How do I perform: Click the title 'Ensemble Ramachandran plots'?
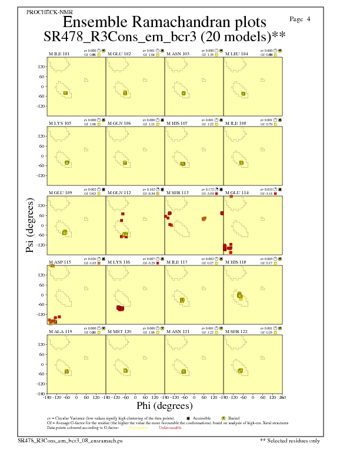[x=164, y=22]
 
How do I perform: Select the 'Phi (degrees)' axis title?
[x=164, y=406]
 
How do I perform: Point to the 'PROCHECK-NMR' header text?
[x=47, y=12]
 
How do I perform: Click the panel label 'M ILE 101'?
[x=59, y=54]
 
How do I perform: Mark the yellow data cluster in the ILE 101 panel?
[x=65, y=93]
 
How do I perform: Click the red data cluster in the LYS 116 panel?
[x=121, y=308]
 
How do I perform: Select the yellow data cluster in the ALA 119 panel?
[x=66, y=371]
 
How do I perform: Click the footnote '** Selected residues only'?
[x=290, y=440]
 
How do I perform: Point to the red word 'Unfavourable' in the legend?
[x=169, y=427]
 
